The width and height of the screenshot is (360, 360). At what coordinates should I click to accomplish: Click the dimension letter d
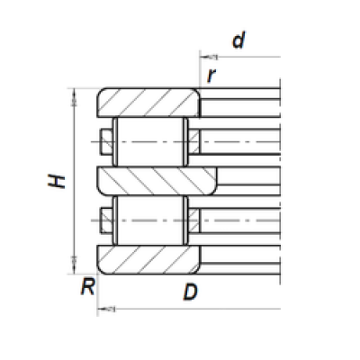(x=238, y=40)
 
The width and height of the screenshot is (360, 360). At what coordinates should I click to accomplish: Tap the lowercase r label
(x=211, y=76)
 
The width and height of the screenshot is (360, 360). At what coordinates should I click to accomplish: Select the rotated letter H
(x=57, y=181)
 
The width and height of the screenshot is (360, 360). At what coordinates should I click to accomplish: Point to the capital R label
(x=88, y=286)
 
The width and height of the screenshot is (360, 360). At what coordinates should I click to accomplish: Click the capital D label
(x=191, y=292)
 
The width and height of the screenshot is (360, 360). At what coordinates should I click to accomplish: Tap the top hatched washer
(x=148, y=103)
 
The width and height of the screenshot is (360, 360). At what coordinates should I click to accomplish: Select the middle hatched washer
(x=157, y=181)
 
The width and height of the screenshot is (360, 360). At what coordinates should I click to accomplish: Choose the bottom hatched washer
(x=148, y=259)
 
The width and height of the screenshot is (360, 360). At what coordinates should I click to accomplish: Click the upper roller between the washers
(x=150, y=141)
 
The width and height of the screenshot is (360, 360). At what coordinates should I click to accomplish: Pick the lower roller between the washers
(x=150, y=220)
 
